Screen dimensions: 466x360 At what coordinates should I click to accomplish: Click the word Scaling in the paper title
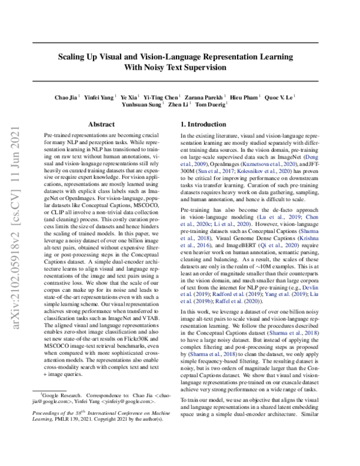(x=74, y=57)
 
